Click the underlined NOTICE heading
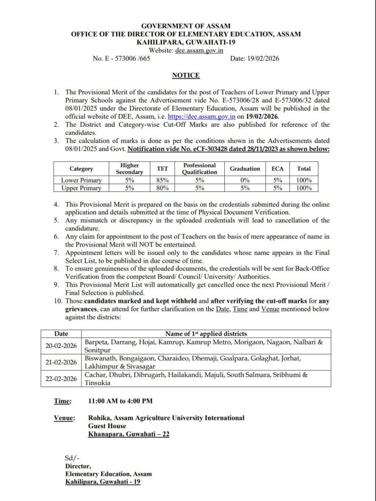click(x=185, y=75)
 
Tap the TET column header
click(x=162, y=169)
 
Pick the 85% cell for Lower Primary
click(x=162, y=181)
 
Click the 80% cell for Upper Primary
click(x=162, y=188)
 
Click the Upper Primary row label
click(x=81, y=188)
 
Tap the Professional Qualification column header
click(x=199, y=169)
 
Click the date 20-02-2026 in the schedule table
click(x=61, y=345)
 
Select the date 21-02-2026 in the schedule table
click(x=61, y=362)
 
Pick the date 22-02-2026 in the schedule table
click(x=61, y=379)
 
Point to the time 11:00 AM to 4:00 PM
click(x=120, y=401)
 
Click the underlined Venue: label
click(x=64, y=418)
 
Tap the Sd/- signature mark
click(x=71, y=458)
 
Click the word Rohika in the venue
click(x=100, y=418)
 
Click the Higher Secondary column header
click(x=130, y=169)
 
